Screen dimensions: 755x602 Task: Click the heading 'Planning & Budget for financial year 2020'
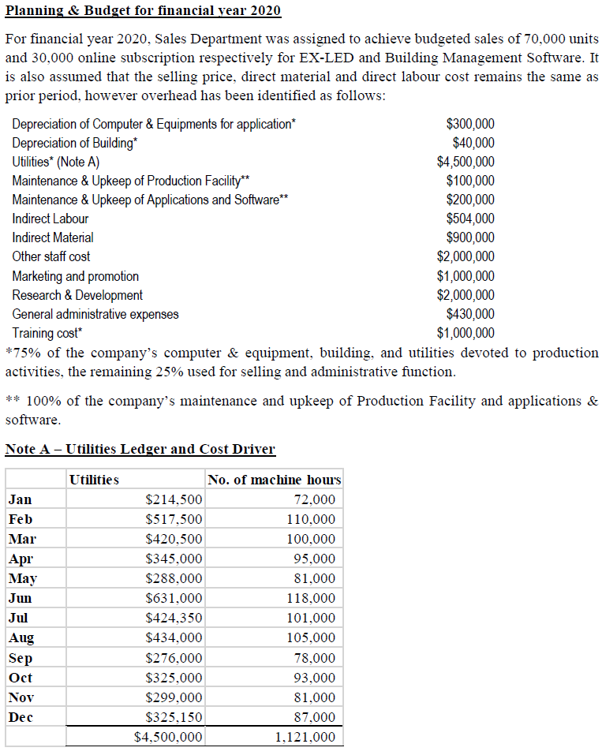143,11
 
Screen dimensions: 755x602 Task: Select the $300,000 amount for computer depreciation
470,124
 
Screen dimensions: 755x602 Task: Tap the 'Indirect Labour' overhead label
50,219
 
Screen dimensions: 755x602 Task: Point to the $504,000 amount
470,219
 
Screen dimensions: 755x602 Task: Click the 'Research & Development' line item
77,295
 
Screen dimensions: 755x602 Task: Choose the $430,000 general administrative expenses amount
470,314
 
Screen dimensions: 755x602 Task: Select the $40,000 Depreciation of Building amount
473,143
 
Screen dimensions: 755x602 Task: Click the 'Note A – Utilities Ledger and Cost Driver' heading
140,449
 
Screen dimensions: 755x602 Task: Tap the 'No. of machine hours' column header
274,480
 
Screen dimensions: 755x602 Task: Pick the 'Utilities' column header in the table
94,480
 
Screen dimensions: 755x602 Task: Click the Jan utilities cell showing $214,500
174,499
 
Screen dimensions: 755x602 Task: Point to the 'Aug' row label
21,637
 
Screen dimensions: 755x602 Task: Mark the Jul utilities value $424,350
174,618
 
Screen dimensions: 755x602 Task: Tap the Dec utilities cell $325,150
174,717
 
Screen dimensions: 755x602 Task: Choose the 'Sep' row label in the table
21,658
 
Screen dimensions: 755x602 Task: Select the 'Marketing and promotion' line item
75,276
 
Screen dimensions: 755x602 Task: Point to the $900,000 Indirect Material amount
470,237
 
